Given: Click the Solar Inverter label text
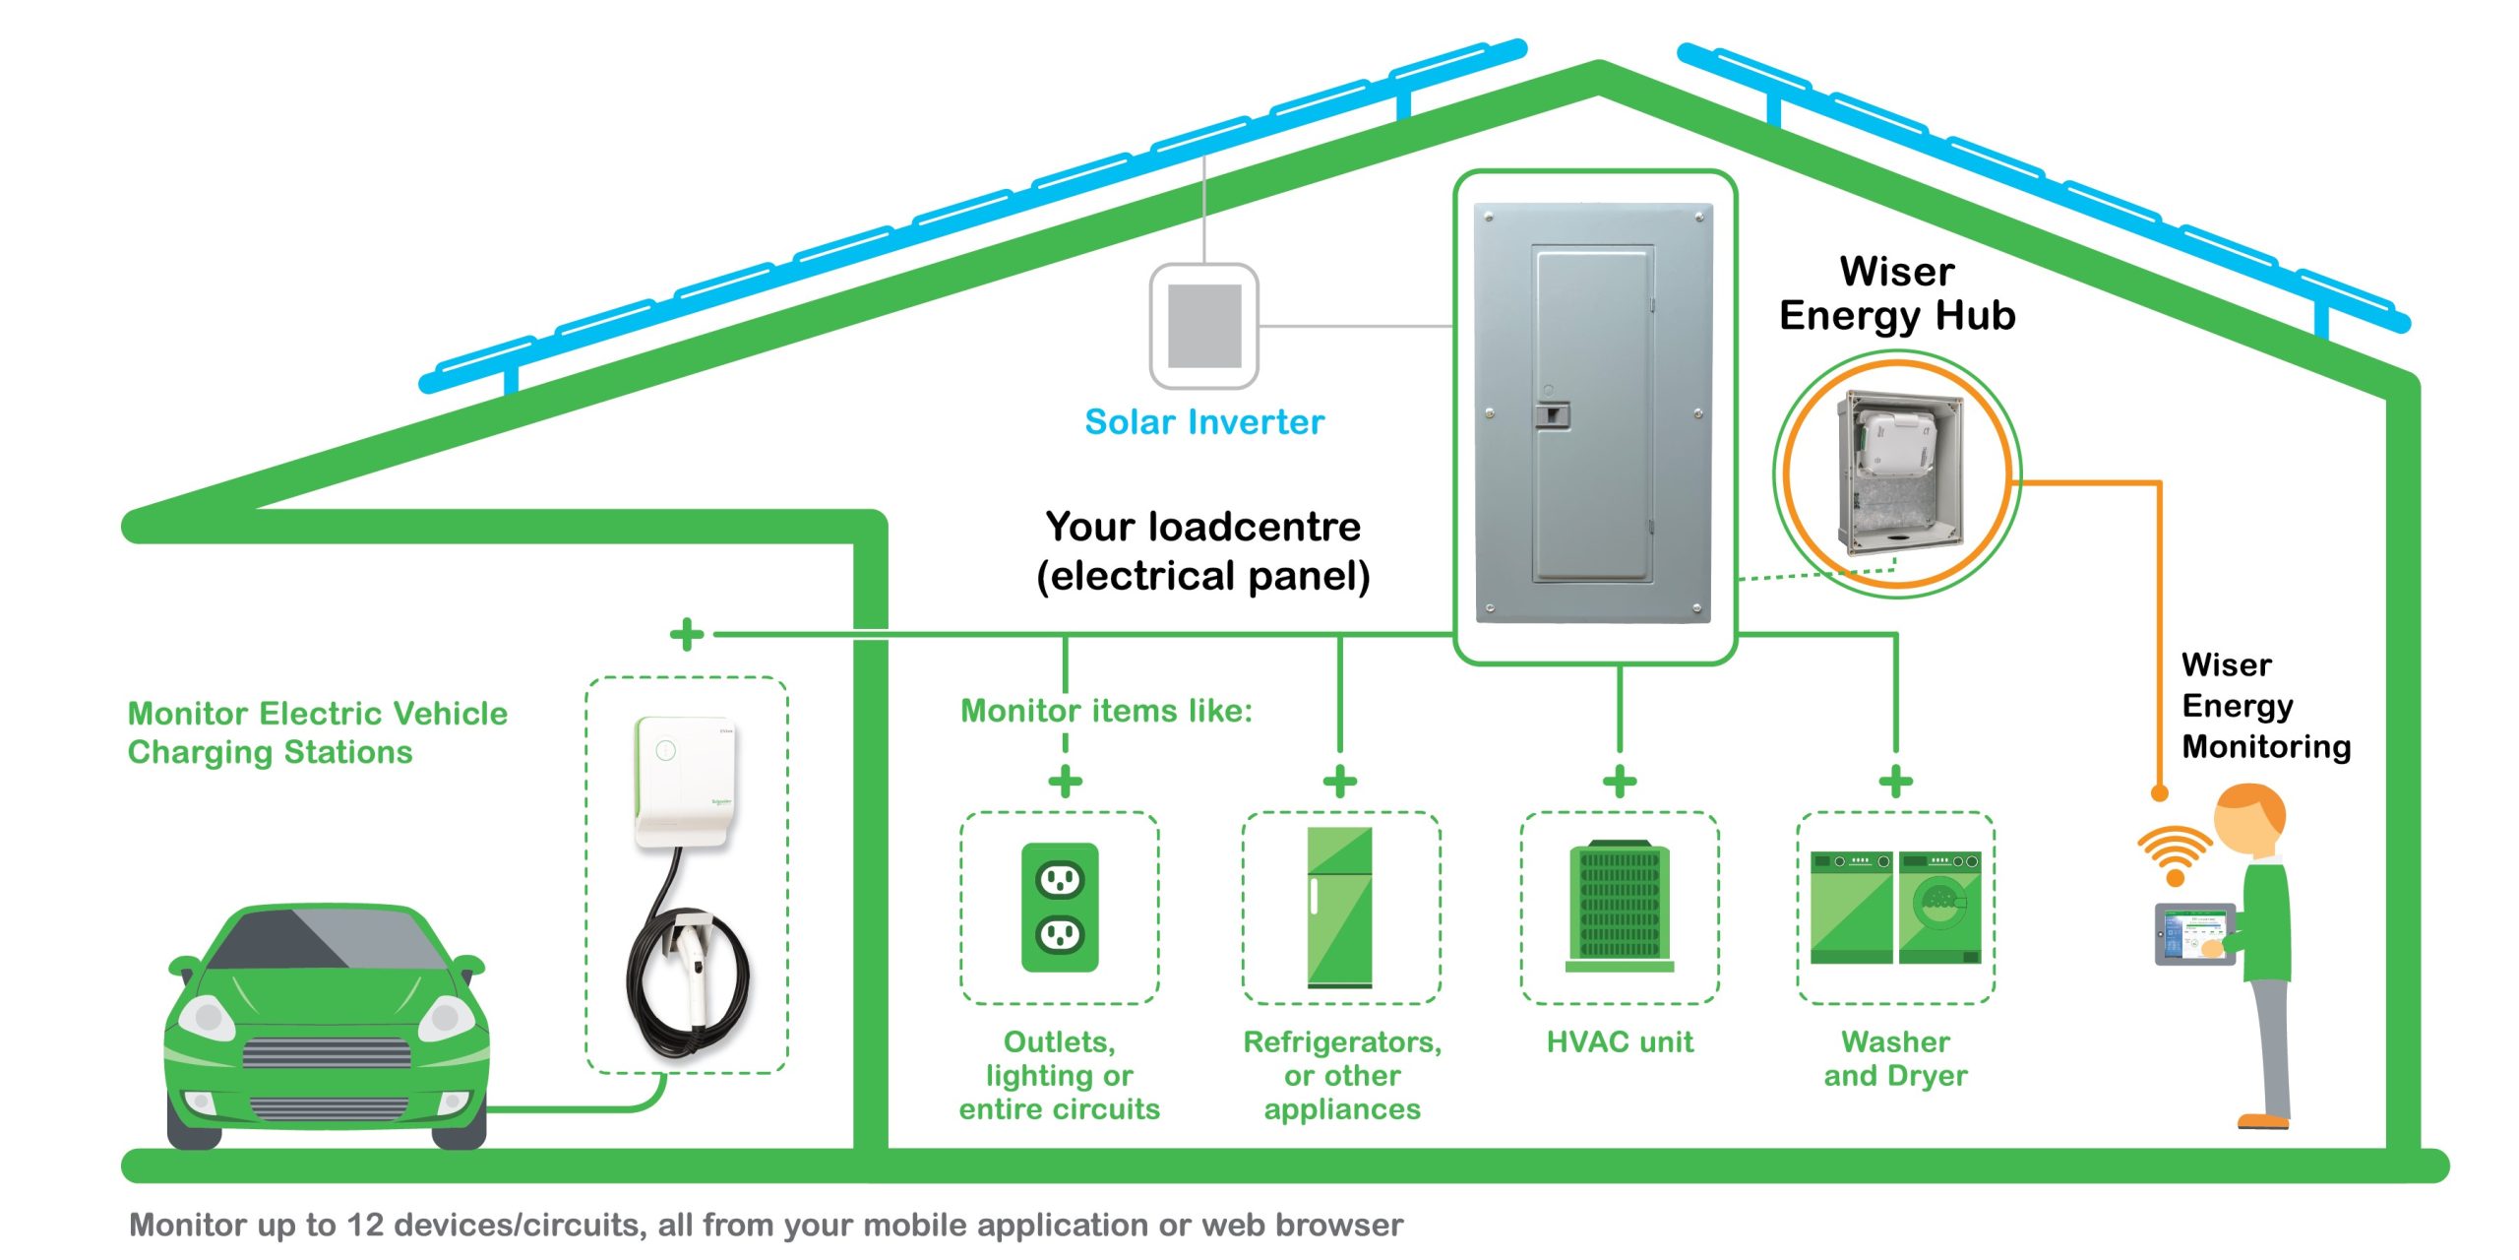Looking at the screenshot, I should pos(1204,422).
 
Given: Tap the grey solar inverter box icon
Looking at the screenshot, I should pos(1204,326).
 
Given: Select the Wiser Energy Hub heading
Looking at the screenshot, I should pos(1897,293).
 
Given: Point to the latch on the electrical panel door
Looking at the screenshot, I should pos(1552,414).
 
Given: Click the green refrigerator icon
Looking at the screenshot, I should pos(1340,907).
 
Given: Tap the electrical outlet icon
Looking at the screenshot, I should pos(1060,907).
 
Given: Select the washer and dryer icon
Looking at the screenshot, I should pos(1895,907).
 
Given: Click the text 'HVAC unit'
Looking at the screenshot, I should pos(1620,1041).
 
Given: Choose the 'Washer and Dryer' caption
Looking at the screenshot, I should pos(1895,1058).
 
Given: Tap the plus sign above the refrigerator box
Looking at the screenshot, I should pos(1340,782).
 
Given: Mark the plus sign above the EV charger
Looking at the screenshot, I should pos(687,634).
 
